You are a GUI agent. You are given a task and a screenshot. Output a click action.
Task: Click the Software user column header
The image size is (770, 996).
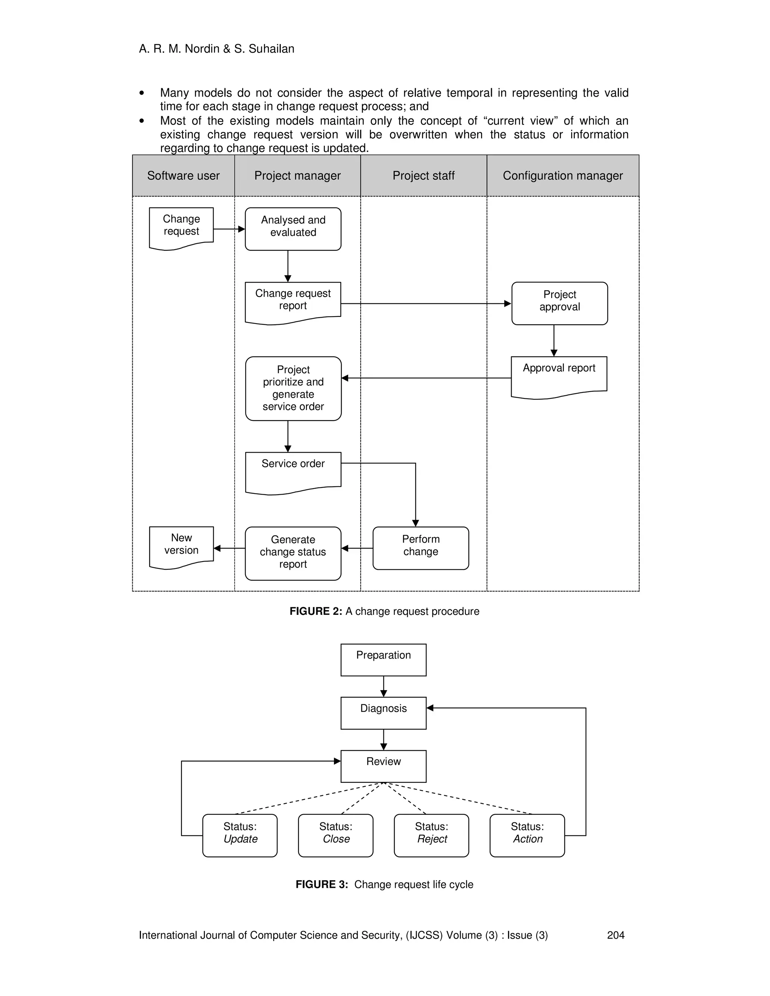(183, 176)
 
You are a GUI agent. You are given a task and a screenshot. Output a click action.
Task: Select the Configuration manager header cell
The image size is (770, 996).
(562, 176)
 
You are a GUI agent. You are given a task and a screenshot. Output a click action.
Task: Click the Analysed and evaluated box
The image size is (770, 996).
(293, 229)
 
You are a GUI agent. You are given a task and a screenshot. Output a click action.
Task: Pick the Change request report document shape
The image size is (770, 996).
(293, 302)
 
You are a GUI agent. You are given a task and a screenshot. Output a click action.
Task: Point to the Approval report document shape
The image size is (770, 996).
(559, 377)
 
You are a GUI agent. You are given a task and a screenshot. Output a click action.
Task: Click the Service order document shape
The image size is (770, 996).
(293, 472)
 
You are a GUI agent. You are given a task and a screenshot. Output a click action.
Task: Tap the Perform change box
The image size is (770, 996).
(421, 548)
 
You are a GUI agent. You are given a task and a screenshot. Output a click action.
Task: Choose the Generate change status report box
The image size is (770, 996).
(293, 553)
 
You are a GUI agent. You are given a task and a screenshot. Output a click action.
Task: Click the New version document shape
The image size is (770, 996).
(181, 547)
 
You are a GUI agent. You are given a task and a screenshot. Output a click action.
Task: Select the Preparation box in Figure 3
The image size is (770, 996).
(383, 660)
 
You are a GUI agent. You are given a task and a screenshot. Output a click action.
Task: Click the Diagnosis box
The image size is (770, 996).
(383, 713)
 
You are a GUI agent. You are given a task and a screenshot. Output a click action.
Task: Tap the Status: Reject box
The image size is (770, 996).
(431, 835)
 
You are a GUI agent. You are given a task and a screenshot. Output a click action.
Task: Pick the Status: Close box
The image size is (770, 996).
(335, 835)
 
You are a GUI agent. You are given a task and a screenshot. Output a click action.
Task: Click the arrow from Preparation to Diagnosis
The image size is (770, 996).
(383, 686)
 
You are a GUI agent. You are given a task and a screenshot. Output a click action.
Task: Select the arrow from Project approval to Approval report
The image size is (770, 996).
(553, 341)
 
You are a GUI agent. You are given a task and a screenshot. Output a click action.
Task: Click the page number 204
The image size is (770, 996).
(615, 935)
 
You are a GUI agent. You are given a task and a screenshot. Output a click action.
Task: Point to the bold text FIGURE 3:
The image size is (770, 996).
(321, 885)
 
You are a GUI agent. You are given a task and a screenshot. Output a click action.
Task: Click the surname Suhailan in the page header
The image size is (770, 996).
(272, 49)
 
